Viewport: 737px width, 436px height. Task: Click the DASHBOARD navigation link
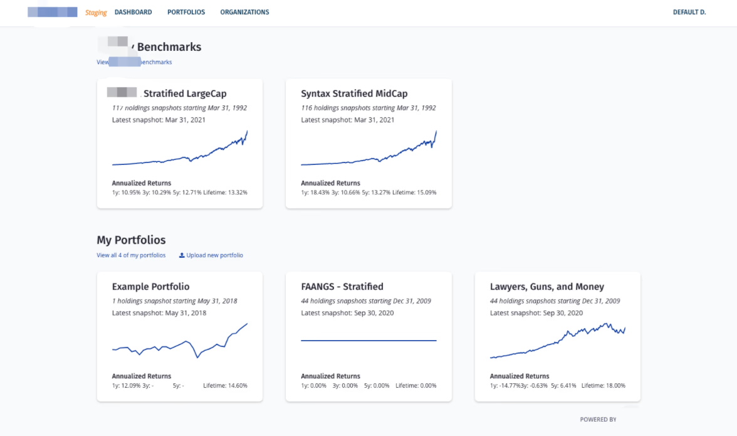pos(133,12)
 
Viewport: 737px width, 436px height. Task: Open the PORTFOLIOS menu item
pos(186,12)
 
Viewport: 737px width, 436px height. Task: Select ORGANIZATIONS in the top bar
pos(244,12)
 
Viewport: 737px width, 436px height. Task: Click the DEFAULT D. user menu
pos(689,12)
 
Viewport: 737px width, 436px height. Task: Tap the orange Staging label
pos(96,13)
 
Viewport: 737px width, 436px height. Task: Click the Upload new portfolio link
pos(214,255)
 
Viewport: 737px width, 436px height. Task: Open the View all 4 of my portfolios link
pos(131,255)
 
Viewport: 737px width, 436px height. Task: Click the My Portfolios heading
pos(131,240)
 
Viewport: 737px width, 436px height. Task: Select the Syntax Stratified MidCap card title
pos(354,93)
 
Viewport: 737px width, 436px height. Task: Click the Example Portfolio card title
pos(150,287)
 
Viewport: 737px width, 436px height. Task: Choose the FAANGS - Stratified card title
pos(342,287)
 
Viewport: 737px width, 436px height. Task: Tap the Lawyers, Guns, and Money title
pos(547,287)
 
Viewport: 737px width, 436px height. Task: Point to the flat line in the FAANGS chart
pos(368,341)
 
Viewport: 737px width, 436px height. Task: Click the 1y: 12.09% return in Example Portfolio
pos(126,386)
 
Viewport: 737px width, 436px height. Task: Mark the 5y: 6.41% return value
pos(563,386)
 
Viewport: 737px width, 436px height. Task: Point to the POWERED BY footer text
pos(598,420)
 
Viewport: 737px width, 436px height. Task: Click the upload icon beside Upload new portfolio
pos(182,255)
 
